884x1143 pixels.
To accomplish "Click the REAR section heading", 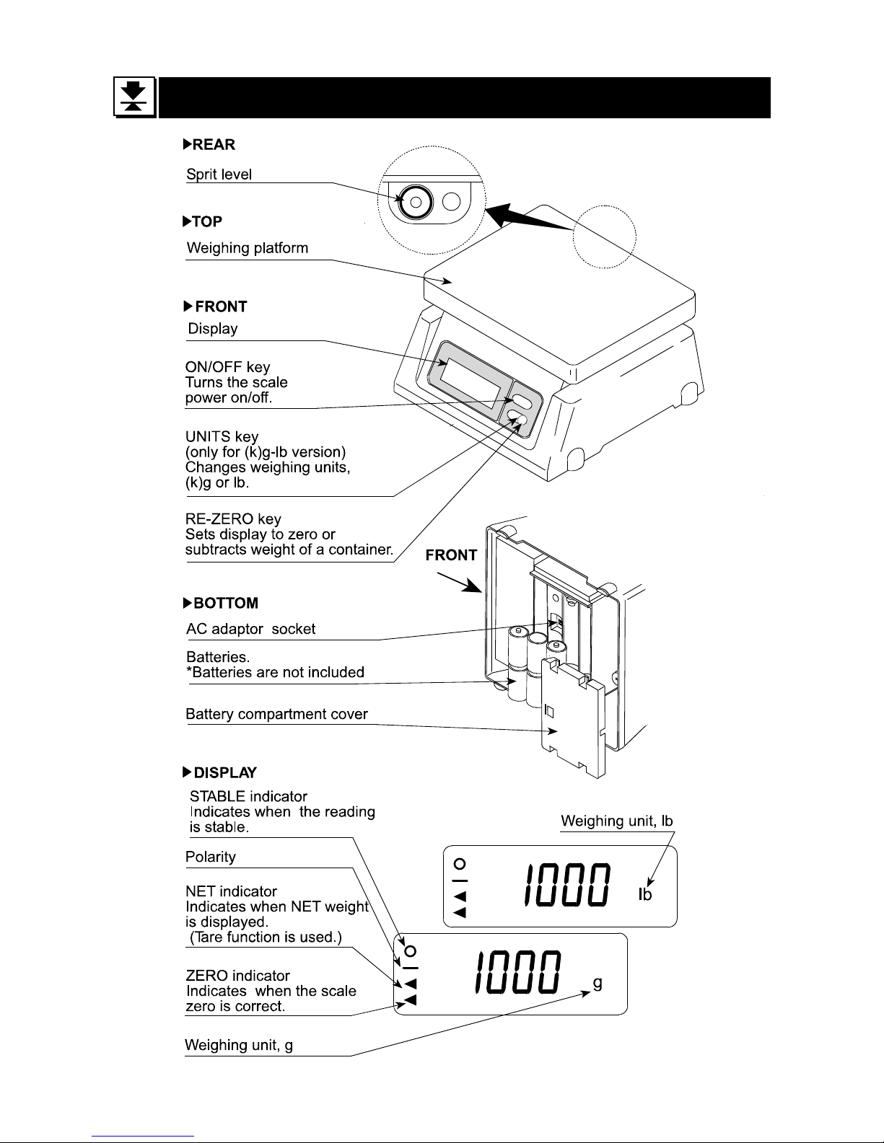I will point(209,145).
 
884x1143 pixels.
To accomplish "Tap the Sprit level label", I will point(219,175).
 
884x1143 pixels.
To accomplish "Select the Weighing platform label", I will point(248,249).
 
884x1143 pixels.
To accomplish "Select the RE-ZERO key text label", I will point(234,519).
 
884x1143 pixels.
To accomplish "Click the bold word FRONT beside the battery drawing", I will point(451,555).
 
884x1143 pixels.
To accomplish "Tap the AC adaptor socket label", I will point(251,629).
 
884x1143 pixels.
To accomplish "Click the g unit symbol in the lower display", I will point(597,983).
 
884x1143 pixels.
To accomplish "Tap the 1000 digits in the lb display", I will point(568,886).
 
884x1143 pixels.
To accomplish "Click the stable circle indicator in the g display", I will point(411,950).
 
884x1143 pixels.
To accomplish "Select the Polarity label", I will point(211,857).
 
